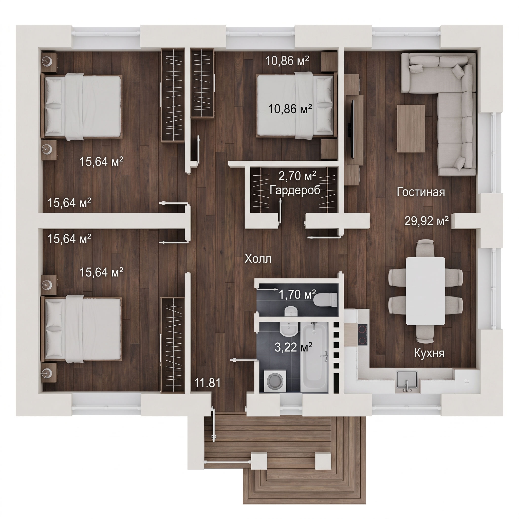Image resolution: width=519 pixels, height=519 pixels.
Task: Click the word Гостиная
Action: click(x=421, y=192)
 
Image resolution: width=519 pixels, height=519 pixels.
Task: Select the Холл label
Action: click(x=258, y=259)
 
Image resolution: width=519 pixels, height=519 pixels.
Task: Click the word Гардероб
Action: click(x=295, y=190)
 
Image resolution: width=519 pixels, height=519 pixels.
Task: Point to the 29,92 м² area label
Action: click(x=427, y=221)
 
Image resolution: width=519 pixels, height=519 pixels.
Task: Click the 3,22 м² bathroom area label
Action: click(x=293, y=347)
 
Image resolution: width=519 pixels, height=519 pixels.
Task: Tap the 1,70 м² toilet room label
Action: click(x=297, y=295)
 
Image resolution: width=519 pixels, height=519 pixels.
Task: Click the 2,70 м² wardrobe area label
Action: click(x=297, y=176)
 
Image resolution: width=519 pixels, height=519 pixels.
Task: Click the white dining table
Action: click(x=425, y=291)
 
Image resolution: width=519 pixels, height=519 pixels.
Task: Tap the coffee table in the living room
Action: click(x=411, y=128)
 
